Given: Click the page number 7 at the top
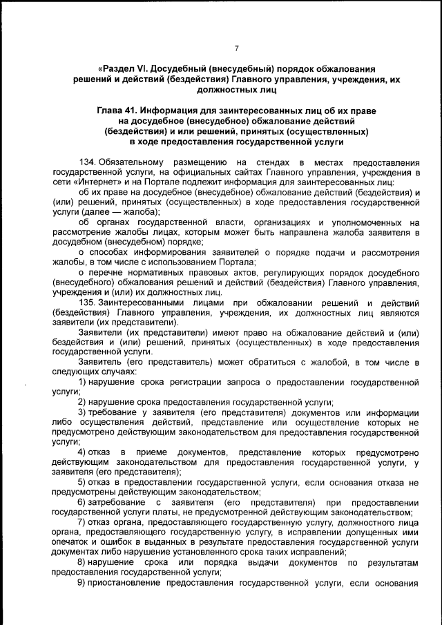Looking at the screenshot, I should [x=236, y=48].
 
